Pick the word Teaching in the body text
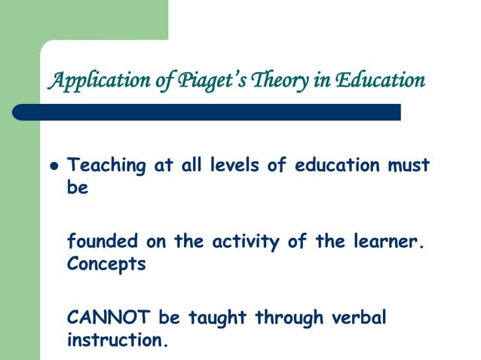[101, 166]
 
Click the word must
[408, 166]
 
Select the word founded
[103, 242]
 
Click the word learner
[384, 242]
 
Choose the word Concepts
[106, 266]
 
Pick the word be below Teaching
[78, 188]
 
